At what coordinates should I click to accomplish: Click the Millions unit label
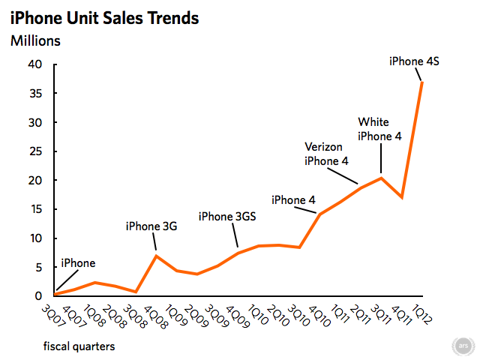[35, 41]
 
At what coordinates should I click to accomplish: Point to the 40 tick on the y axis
[34, 64]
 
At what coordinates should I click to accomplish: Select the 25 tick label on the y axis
[34, 151]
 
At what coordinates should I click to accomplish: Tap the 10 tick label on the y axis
[34, 238]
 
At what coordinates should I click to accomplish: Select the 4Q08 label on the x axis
[148, 313]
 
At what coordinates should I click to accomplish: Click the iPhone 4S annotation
[413, 61]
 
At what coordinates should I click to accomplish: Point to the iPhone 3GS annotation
[227, 217]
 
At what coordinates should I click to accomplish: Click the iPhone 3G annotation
[151, 226]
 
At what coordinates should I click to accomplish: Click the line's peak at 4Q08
[156, 256]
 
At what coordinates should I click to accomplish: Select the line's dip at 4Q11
[403, 197]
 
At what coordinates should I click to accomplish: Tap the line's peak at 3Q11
[382, 178]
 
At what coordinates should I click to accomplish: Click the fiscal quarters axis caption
[79, 346]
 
